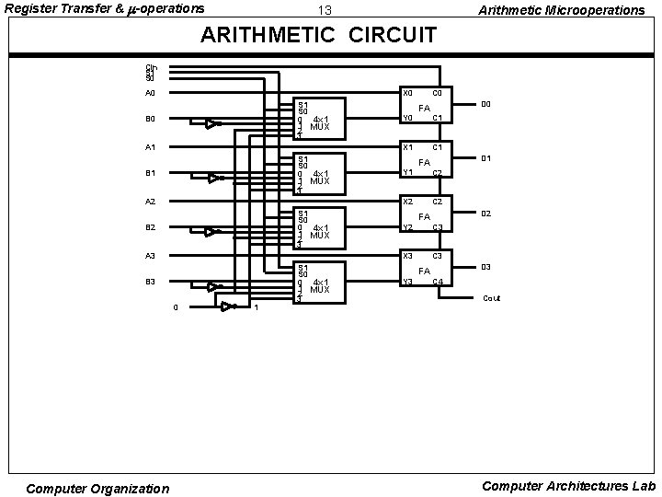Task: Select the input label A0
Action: tap(150, 93)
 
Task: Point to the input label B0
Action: tap(150, 119)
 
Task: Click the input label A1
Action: tap(150, 147)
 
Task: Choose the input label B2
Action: tap(150, 226)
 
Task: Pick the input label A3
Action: tap(150, 255)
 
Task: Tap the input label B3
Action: tap(150, 282)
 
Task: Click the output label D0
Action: tap(487, 105)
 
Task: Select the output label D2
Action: tap(487, 214)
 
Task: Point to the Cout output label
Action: tap(492, 298)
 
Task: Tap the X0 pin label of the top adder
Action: tap(408, 93)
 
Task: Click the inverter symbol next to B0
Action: tap(211, 123)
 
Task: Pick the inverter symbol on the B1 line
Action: tap(213, 178)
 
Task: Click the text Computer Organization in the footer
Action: tap(97, 488)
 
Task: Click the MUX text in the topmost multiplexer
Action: tap(319, 127)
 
